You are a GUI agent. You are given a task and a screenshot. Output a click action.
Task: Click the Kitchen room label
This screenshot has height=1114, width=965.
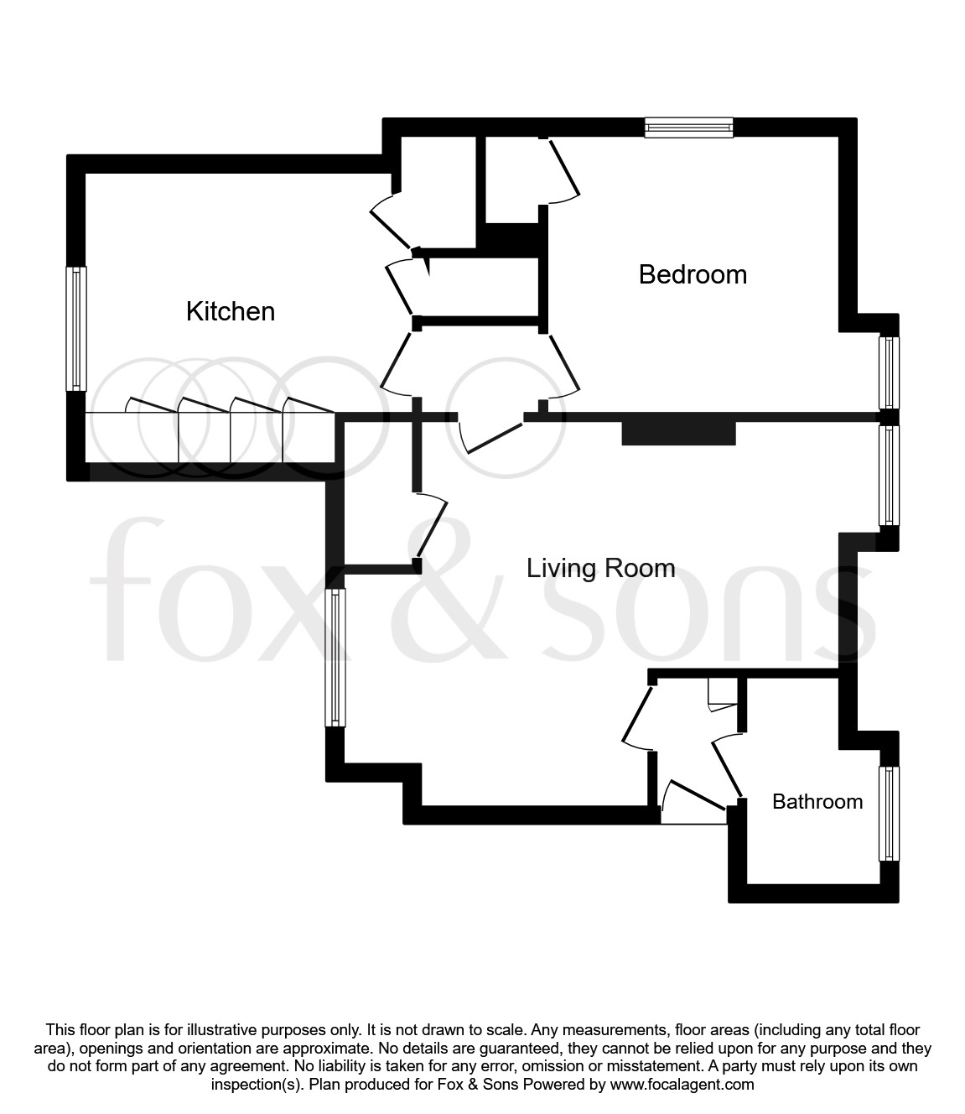231,311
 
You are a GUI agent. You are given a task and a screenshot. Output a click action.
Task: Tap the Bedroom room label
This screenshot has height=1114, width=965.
693,274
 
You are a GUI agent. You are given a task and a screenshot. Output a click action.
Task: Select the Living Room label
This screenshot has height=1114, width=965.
600,568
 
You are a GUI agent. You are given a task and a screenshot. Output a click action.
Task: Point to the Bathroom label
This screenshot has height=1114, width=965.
817,801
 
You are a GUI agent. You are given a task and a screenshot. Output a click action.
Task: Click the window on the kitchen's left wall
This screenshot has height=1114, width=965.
76,328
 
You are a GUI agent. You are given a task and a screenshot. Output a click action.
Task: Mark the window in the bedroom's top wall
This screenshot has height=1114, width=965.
689,128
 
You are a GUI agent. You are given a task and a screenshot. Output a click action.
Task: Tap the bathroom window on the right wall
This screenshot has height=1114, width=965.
888,813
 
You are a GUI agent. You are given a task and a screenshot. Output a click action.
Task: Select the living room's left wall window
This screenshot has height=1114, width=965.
335,657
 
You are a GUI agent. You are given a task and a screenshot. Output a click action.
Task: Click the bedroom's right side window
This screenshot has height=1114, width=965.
888,372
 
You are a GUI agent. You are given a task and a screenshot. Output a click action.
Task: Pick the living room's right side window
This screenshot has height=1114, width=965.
888,475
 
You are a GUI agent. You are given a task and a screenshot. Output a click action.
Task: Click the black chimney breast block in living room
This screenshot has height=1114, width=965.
678,432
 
